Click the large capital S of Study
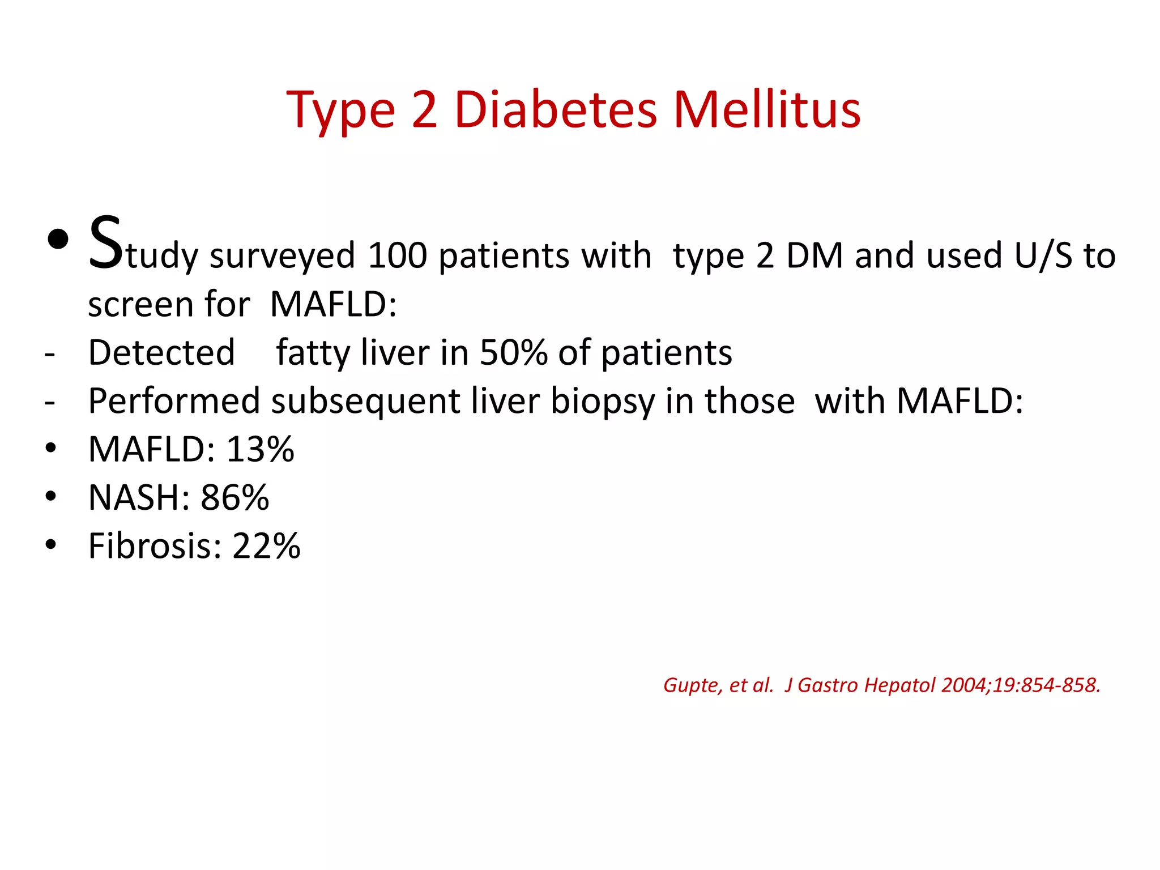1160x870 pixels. click(x=105, y=244)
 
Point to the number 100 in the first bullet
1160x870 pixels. click(x=397, y=256)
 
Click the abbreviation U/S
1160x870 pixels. click(x=1043, y=256)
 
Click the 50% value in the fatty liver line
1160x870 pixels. click(x=513, y=353)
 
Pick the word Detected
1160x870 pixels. click(x=161, y=353)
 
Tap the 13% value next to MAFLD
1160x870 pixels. click(x=260, y=450)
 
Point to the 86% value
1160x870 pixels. click(x=234, y=498)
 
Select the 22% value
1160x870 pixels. click(x=266, y=547)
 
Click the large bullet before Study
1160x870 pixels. click(x=58, y=240)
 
